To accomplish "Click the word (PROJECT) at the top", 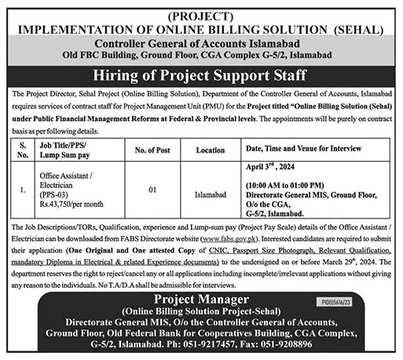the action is [200, 11].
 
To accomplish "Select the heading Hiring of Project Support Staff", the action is [201, 75].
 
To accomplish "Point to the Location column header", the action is [210, 149].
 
